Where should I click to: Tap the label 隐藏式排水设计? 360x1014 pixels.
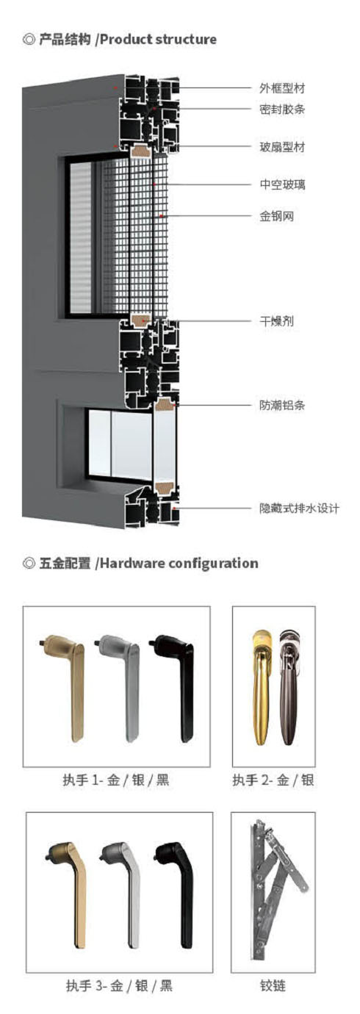299,508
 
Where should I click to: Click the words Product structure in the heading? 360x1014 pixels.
158,40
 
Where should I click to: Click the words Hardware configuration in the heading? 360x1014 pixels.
179,564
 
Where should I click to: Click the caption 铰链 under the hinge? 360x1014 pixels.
273,985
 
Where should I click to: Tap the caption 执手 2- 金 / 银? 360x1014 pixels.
273,780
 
